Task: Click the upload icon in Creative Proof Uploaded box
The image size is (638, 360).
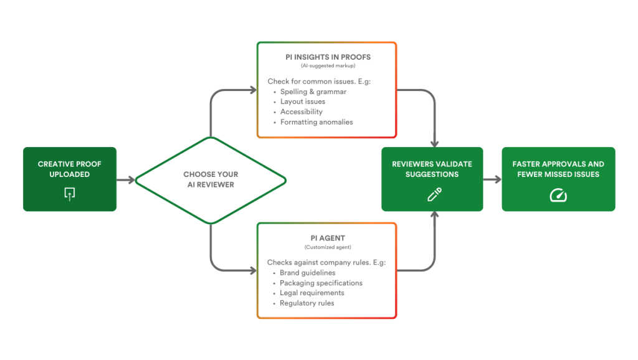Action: (x=69, y=194)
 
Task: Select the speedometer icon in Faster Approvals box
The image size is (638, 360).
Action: (x=558, y=195)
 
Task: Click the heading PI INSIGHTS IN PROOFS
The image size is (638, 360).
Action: (x=327, y=57)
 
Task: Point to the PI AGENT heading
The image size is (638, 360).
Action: (x=327, y=239)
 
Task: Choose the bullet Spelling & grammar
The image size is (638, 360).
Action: (x=313, y=92)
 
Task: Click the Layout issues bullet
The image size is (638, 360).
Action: (x=302, y=102)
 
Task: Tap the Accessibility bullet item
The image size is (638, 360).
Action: (x=301, y=111)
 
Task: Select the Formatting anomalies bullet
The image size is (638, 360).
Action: (x=316, y=122)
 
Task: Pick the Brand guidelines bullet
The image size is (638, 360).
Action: (x=307, y=273)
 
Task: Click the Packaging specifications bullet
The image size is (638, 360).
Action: (x=321, y=283)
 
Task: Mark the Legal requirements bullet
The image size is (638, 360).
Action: (x=312, y=293)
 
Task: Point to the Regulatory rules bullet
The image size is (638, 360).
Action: (x=307, y=303)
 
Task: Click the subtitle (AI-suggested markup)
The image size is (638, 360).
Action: (x=327, y=65)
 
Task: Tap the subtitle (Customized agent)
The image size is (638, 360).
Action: (x=327, y=247)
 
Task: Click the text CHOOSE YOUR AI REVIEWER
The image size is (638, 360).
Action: (x=211, y=179)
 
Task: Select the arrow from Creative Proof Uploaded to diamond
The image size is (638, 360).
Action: (x=125, y=180)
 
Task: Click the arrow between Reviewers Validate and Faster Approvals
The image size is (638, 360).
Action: (x=492, y=180)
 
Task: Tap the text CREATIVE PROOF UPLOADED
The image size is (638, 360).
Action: (x=69, y=169)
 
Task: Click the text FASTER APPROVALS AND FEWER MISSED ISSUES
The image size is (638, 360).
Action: (x=558, y=169)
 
